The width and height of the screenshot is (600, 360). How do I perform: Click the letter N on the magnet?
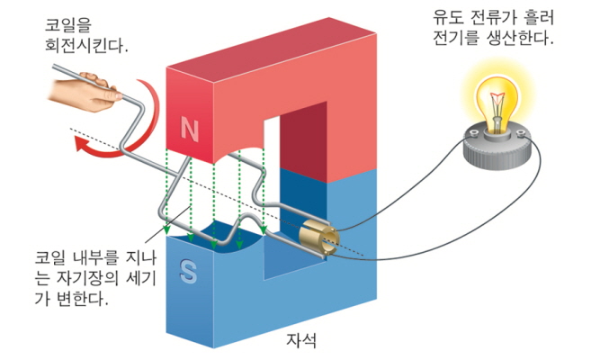pyautogui.click(x=189, y=130)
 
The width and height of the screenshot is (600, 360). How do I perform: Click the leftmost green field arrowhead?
pyautogui.click(x=194, y=238)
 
